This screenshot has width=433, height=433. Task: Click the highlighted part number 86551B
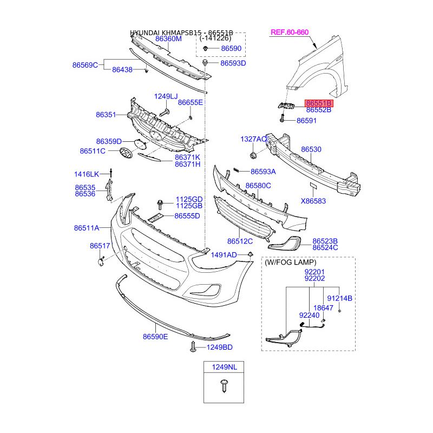pos(319,102)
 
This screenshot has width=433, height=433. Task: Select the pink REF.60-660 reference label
pos(289,32)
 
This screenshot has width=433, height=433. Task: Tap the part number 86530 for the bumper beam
pos(311,149)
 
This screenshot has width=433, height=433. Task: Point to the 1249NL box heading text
pos(224,368)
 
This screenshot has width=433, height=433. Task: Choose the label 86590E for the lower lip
pos(155,337)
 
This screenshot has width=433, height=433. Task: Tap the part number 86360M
pos(168,39)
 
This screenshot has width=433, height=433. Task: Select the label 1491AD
pos(224,255)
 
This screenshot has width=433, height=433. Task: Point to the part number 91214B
pos(339,298)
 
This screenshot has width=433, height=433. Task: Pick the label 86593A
pos(263,172)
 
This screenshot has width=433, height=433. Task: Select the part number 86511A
pos(87,228)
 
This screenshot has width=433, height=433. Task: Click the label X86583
pos(313,201)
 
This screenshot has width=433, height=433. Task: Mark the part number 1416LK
pos(87,174)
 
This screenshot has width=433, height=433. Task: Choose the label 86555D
pos(187,216)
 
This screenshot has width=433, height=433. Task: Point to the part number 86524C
pos(325,247)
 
